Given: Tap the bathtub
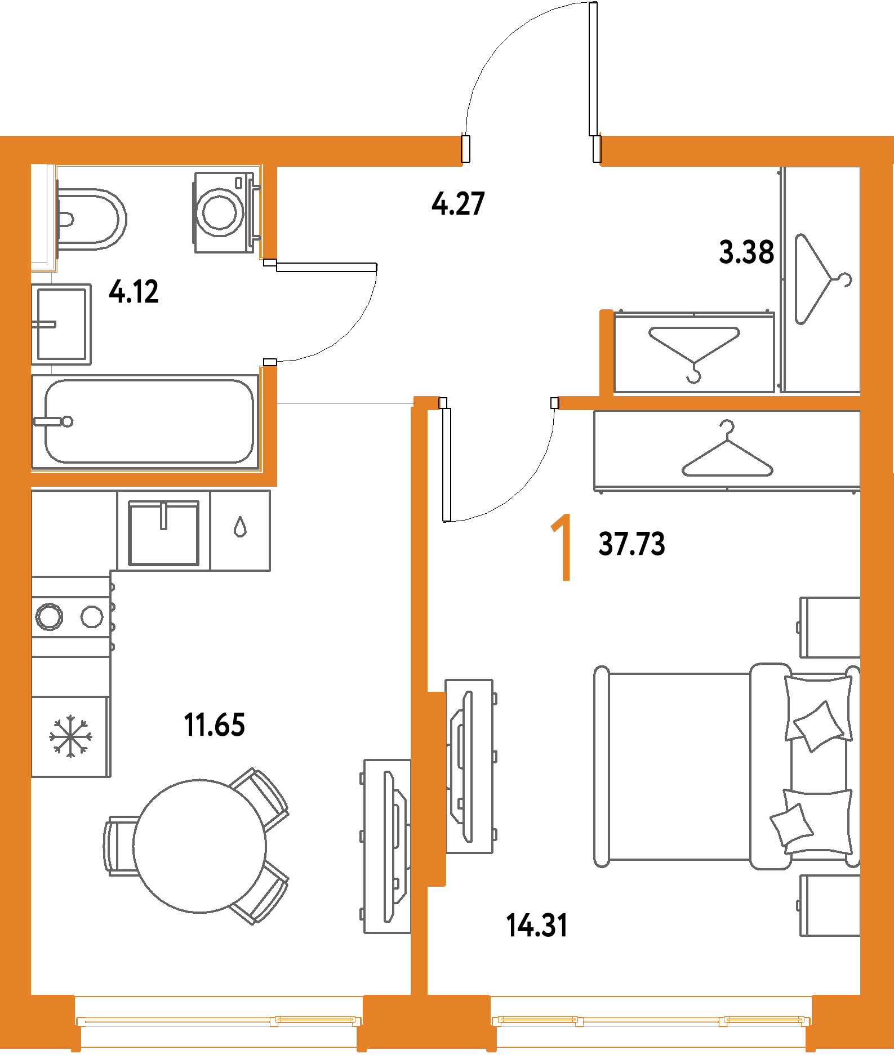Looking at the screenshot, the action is pyautogui.click(x=145, y=421).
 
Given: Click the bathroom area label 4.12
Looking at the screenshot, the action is pyautogui.click(x=134, y=292).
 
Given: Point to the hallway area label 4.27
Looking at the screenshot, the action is pyautogui.click(x=458, y=203).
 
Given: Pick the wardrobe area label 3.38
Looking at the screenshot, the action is pyautogui.click(x=746, y=252).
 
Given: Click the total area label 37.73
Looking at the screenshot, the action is pyautogui.click(x=632, y=544).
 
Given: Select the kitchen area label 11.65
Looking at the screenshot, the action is pyautogui.click(x=215, y=724).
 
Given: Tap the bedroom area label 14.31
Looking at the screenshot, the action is pyautogui.click(x=537, y=926).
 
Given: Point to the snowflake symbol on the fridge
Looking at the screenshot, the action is pyautogui.click(x=70, y=736).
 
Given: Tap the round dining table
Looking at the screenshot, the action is pyautogui.click(x=199, y=846).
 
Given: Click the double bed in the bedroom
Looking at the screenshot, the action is pyautogui.click(x=727, y=766).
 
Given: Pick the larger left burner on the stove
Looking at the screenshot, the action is pyautogui.click(x=49, y=616).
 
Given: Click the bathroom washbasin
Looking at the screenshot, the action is pyautogui.click(x=61, y=324).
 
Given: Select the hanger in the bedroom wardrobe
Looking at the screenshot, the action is pyautogui.click(x=727, y=451).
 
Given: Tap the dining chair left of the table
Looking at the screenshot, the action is pyautogui.click(x=121, y=846).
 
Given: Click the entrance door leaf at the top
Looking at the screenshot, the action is pyautogui.click(x=593, y=69).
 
